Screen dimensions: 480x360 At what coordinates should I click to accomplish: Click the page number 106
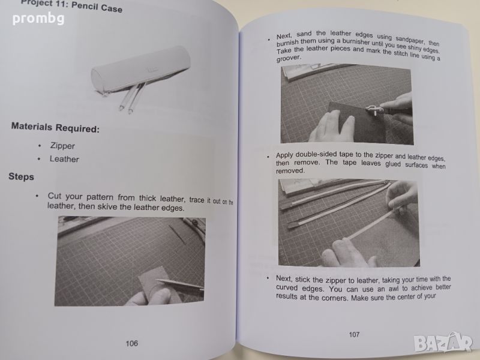tap(131, 343)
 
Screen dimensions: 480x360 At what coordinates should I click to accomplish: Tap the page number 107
tap(354, 334)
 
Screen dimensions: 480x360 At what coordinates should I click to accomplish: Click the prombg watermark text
tap(38, 19)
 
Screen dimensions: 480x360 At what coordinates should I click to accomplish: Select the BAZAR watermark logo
tap(443, 343)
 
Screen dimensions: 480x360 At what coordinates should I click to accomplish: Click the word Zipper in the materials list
tap(62, 146)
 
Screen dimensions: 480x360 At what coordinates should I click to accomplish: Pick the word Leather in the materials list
tap(64, 159)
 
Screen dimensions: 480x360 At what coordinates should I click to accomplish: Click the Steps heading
tap(21, 176)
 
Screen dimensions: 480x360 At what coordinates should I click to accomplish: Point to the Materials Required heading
tap(55, 127)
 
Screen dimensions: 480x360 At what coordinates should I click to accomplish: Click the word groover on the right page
tap(289, 58)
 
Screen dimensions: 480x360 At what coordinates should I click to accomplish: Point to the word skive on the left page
tap(107, 206)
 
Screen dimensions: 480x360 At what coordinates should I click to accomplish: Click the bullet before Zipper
tap(40, 146)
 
